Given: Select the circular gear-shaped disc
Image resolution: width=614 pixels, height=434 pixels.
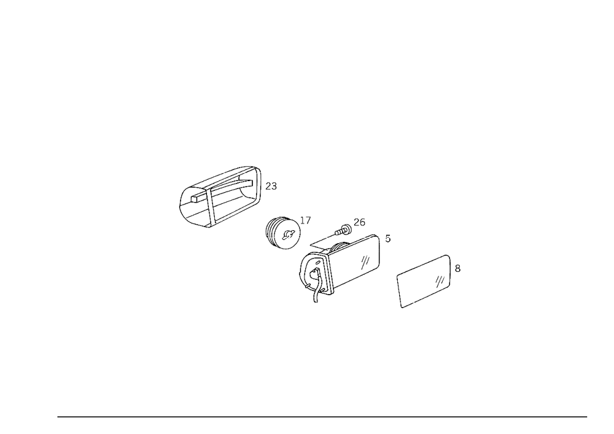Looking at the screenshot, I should click(x=284, y=233).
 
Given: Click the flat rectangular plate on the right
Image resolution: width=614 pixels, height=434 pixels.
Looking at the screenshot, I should click(x=424, y=281).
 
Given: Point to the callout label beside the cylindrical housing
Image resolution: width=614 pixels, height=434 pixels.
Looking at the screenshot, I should click(x=274, y=185).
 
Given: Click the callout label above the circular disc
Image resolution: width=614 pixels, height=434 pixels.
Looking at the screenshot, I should click(x=307, y=217).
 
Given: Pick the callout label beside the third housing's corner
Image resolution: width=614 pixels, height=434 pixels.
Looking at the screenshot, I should click(x=387, y=240).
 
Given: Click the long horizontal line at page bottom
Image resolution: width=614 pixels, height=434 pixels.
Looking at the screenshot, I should click(x=322, y=416).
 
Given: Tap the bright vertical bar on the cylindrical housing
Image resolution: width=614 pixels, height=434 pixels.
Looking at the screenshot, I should click(x=259, y=179).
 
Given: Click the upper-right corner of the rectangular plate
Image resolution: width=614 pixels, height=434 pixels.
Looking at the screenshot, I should click(x=449, y=256).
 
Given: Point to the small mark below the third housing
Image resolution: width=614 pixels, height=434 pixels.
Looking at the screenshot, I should click(x=316, y=299).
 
